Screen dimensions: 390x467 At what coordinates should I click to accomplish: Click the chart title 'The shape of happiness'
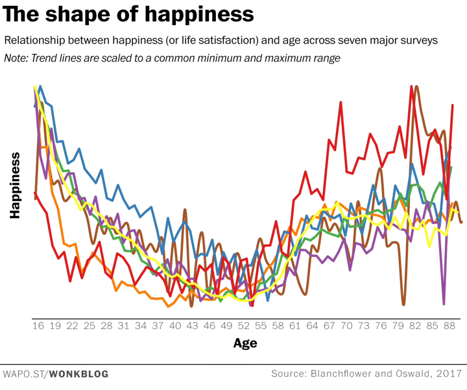coord(129,14)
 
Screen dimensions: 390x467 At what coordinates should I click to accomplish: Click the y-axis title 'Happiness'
coord(16,185)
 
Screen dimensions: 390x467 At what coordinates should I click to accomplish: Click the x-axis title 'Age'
coord(245,343)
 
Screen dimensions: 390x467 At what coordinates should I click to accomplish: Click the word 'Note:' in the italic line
coord(19,58)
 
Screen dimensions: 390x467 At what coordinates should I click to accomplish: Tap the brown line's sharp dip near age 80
coord(403,304)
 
